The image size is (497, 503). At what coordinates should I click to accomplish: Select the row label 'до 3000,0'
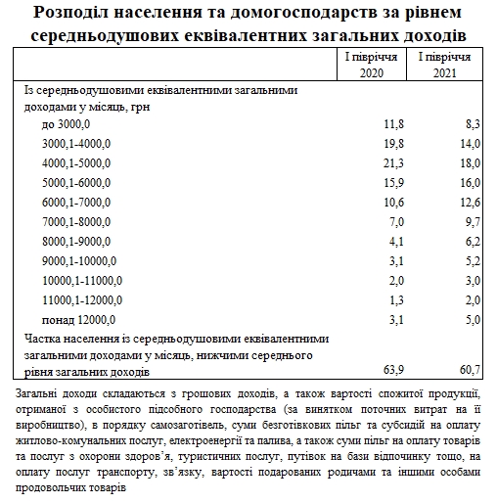67,124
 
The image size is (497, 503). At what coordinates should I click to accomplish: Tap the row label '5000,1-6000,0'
77,183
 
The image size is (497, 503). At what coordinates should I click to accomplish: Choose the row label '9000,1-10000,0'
80,261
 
